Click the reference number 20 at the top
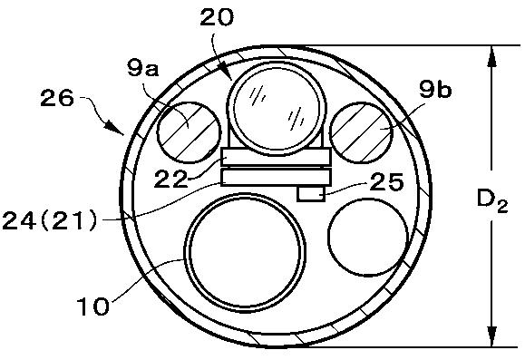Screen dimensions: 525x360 (x=217, y=17)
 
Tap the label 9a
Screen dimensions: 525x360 (x=142, y=69)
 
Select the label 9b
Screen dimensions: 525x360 (x=435, y=90)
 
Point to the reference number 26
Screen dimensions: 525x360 (x=56, y=98)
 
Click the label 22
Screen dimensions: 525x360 (x=170, y=179)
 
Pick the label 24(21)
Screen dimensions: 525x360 (x=50, y=220)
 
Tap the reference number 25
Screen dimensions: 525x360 (x=386, y=182)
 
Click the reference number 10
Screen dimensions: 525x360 (x=93, y=306)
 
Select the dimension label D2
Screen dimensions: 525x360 (x=491, y=202)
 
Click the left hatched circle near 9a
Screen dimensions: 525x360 (x=190, y=132)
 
